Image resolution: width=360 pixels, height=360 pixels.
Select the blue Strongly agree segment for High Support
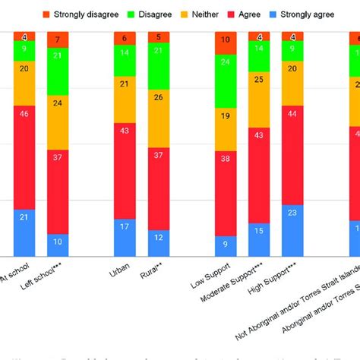point(293,230)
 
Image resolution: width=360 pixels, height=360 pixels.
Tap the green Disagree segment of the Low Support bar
point(226,81)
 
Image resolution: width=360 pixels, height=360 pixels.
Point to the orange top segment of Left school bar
point(58,39)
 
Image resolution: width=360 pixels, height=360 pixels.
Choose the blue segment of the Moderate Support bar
point(259,240)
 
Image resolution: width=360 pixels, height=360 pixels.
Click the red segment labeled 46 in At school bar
point(24,157)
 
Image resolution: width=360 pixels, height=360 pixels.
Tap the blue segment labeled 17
point(125,237)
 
